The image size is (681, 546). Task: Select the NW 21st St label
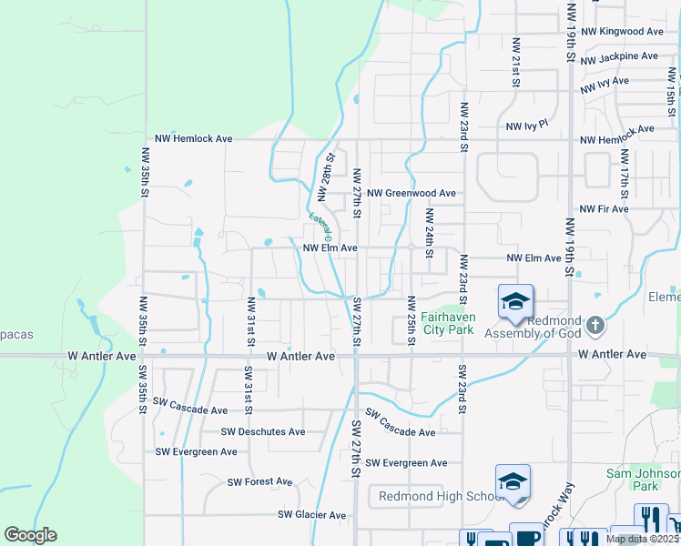(x=515, y=62)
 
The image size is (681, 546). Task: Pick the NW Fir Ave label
(x=605, y=209)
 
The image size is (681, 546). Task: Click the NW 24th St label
(x=429, y=234)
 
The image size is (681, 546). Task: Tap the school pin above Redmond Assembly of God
(x=515, y=301)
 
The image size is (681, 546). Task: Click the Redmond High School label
(x=435, y=496)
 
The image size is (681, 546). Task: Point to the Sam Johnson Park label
(x=644, y=480)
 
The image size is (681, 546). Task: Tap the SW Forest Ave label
(x=259, y=482)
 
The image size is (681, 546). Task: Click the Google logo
(x=30, y=535)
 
